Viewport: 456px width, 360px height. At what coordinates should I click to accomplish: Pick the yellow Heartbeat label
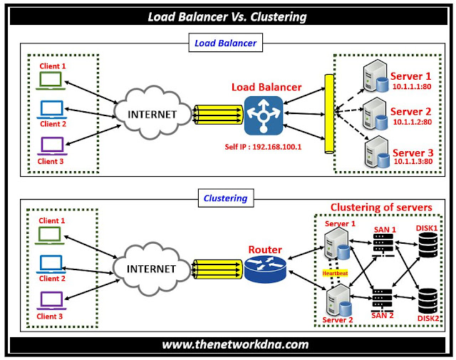334,273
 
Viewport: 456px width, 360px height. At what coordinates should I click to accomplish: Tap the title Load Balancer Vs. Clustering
228,16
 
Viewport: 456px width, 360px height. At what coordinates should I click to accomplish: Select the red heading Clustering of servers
380,207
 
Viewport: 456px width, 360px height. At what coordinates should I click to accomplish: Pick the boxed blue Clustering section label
225,199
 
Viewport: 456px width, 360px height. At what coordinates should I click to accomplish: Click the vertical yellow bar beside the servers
329,114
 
